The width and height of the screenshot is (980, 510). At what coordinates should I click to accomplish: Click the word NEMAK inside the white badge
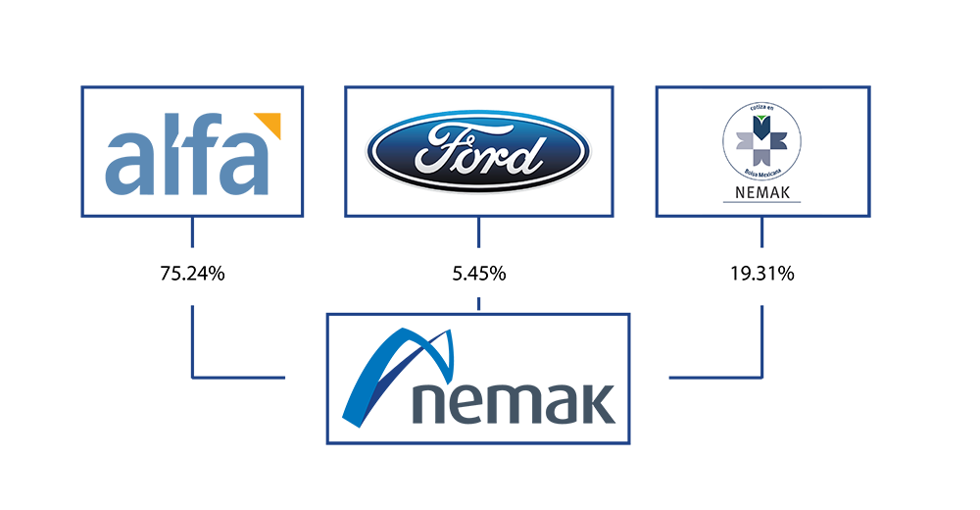762,192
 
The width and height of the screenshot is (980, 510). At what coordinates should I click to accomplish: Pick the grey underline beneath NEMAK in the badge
762,202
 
